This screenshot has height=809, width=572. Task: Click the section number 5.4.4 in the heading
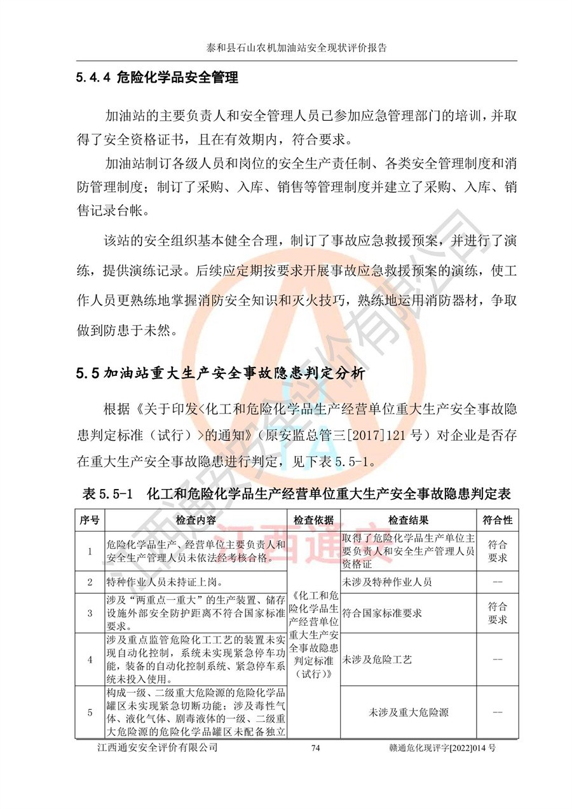pyautogui.click(x=93, y=79)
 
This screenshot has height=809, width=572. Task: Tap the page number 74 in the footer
pyautogui.click(x=315, y=749)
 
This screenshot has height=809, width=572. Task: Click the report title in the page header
pyautogui.click(x=297, y=48)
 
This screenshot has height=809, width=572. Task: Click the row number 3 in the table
pyautogui.click(x=90, y=614)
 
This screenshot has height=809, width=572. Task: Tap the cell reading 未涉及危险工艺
pyautogui.click(x=377, y=660)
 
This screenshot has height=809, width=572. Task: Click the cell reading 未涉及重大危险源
pyautogui.click(x=408, y=713)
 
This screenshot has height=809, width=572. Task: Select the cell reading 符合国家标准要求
pyautogui.click(x=382, y=614)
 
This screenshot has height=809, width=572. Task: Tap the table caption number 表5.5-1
pyautogui.click(x=107, y=494)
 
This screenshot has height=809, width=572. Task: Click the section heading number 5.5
pyautogui.click(x=86, y=374)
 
